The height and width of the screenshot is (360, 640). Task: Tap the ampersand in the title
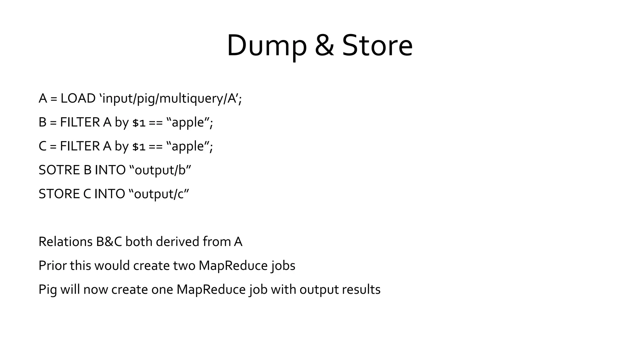(x=324, y=46)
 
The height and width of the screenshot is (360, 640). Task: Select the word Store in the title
(x=377, y=46)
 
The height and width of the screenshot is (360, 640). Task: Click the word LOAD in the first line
(x=78, y=98)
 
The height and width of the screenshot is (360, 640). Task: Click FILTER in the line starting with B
(x=80, y=122)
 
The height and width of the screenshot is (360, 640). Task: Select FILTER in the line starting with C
(x=80, y=146)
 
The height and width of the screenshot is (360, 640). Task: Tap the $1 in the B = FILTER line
(x=139, y=123)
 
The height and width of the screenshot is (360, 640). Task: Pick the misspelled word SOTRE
(x=59, y=170)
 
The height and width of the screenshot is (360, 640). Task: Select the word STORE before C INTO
(x=59, y=194)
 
